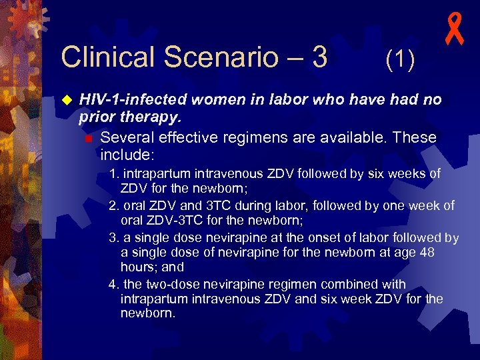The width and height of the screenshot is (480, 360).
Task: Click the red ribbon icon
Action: (x=455, y=32)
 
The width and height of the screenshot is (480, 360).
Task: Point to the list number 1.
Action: (x=113, y=174)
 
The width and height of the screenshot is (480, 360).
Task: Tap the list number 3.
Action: (x=113, y=237)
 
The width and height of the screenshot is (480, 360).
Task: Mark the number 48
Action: (x=435, y=252)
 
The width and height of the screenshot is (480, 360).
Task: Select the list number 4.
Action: (x=113, y=284)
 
